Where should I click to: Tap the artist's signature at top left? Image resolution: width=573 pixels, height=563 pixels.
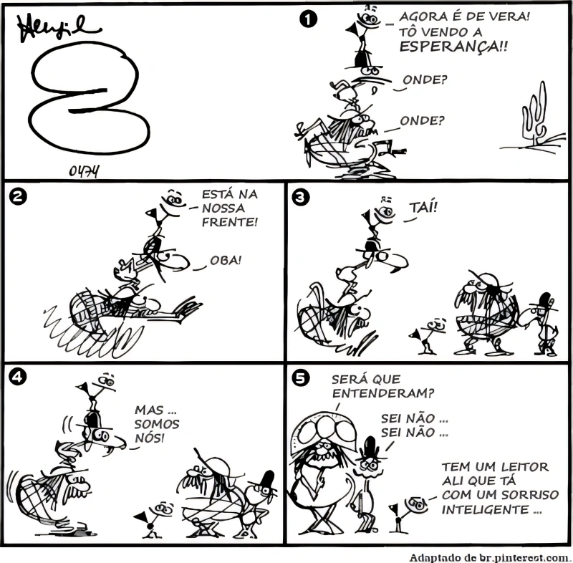(x=58, y=29)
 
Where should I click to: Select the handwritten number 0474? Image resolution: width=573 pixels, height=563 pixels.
(x=85, y=171)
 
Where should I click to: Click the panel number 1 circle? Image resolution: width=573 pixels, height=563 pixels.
(x=308, y=19)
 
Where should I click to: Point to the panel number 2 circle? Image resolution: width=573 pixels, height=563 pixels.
(x=17, y=197)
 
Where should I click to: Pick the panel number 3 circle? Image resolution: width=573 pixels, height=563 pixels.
(x=301, y=197)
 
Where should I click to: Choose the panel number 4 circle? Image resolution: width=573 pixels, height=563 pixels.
(x=17, y=376)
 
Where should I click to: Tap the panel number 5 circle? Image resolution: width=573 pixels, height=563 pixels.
(x=300, y=378)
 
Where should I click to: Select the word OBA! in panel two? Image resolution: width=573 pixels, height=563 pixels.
(x=226, y=261)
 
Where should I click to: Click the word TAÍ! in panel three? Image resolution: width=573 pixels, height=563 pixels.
(x=423, y=208)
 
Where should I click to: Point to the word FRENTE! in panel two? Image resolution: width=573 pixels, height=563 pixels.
(x=230, y=222)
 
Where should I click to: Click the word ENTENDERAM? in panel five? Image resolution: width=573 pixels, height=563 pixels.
(x=383, y=393)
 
